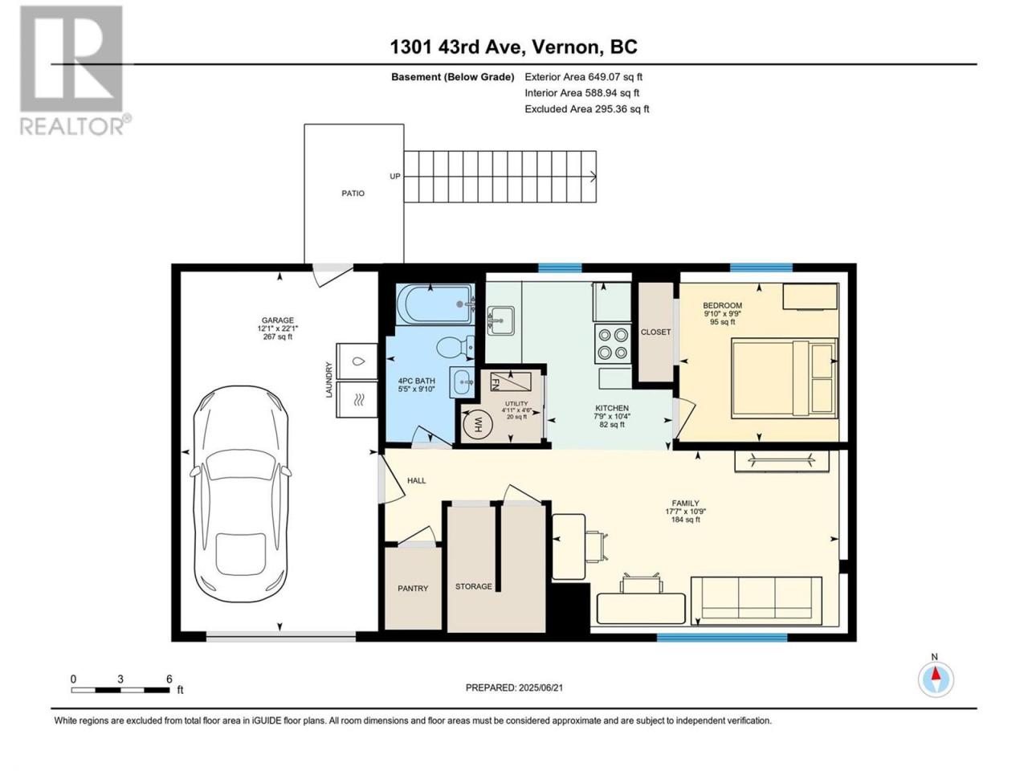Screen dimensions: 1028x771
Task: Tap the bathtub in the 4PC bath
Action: pyautogui.click(x=435, y=304)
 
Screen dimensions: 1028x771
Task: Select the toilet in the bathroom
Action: pyautogui.click(x=455, y=347)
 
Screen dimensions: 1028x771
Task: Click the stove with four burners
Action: pyautogui.click(x=613, y=344)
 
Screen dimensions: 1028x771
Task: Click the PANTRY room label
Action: pyautogui.click(x=413, y=589)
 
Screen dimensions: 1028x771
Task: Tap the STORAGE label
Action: pyautogui.click(x=474, y=586)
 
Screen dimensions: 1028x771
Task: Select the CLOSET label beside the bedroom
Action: pyautogui.click(x=655, y=332)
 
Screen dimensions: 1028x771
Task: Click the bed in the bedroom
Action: pyautogui.click(x=785, y=377)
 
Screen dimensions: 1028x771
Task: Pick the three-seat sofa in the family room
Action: pyautogui.click(x=756, y=601)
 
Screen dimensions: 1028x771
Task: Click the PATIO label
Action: pyautogui.click(x=353, y=194)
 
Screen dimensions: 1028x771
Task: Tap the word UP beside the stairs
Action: pyautogui.click(x=395, y=177)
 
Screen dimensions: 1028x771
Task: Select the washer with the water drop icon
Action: pyautogui.click(x=357, y=361)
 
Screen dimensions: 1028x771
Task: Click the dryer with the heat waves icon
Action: pyautogui.click(x=357, y=399)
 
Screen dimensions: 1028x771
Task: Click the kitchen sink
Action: pyautogui.click(x=500, y=320)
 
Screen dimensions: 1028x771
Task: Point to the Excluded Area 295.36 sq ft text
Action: pyautogui.click(x=587, y=109)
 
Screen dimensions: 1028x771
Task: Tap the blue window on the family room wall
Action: pyautogui.click(x=722, y=637)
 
